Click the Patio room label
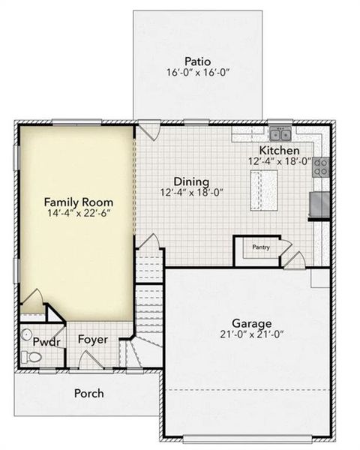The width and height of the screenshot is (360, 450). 198,61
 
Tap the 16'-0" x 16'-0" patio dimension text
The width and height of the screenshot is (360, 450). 198,73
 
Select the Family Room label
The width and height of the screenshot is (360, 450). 78,202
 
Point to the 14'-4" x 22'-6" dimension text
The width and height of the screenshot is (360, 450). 78,214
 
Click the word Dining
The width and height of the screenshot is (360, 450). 187,181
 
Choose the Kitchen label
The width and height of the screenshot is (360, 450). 280,150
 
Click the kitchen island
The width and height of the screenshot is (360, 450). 264,183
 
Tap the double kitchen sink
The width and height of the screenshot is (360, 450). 281,135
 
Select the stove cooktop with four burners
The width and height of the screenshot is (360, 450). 320,166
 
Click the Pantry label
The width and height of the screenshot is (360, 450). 260,247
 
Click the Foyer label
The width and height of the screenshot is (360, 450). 93,340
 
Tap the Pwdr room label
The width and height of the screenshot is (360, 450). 42,342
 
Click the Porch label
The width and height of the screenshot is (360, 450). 88,393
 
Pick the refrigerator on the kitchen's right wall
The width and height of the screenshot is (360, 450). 319,203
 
